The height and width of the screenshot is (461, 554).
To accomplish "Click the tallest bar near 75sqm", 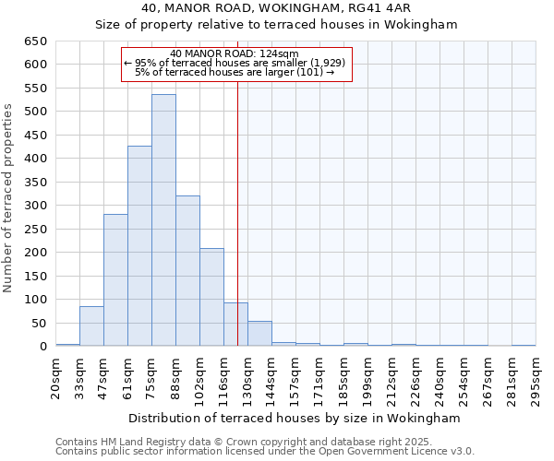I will click(163, 220).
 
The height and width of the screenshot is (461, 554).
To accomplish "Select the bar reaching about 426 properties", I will click(139, 246).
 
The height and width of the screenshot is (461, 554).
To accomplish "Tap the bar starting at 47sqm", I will click(115, 280).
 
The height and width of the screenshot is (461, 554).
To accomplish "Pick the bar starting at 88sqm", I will click(187, 271).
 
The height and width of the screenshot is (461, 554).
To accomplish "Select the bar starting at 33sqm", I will click(91, 326).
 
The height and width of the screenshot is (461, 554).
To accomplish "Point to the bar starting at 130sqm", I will click(259, 334).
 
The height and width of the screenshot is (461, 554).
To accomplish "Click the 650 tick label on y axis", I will click(35, 41).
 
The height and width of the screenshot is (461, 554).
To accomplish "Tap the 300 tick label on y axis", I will click(35, 206).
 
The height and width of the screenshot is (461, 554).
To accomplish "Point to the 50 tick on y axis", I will click(39, 324).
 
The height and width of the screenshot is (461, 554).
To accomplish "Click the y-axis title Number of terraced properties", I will click(9, 198).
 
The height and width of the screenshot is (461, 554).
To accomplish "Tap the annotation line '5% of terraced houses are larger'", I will click(235, 71).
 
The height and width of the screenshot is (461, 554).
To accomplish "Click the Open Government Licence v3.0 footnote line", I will click(265, 452).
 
